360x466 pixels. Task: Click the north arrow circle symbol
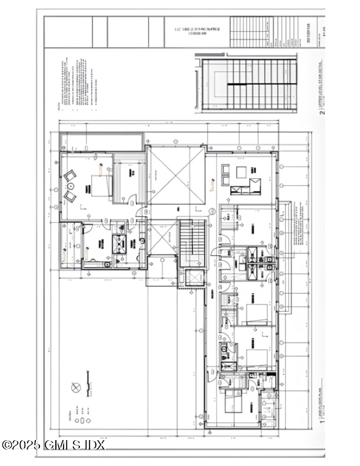tap(75, 387)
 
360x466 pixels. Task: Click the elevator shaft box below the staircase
tap(192, 277)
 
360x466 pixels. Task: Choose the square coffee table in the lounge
tap(241, 172)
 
